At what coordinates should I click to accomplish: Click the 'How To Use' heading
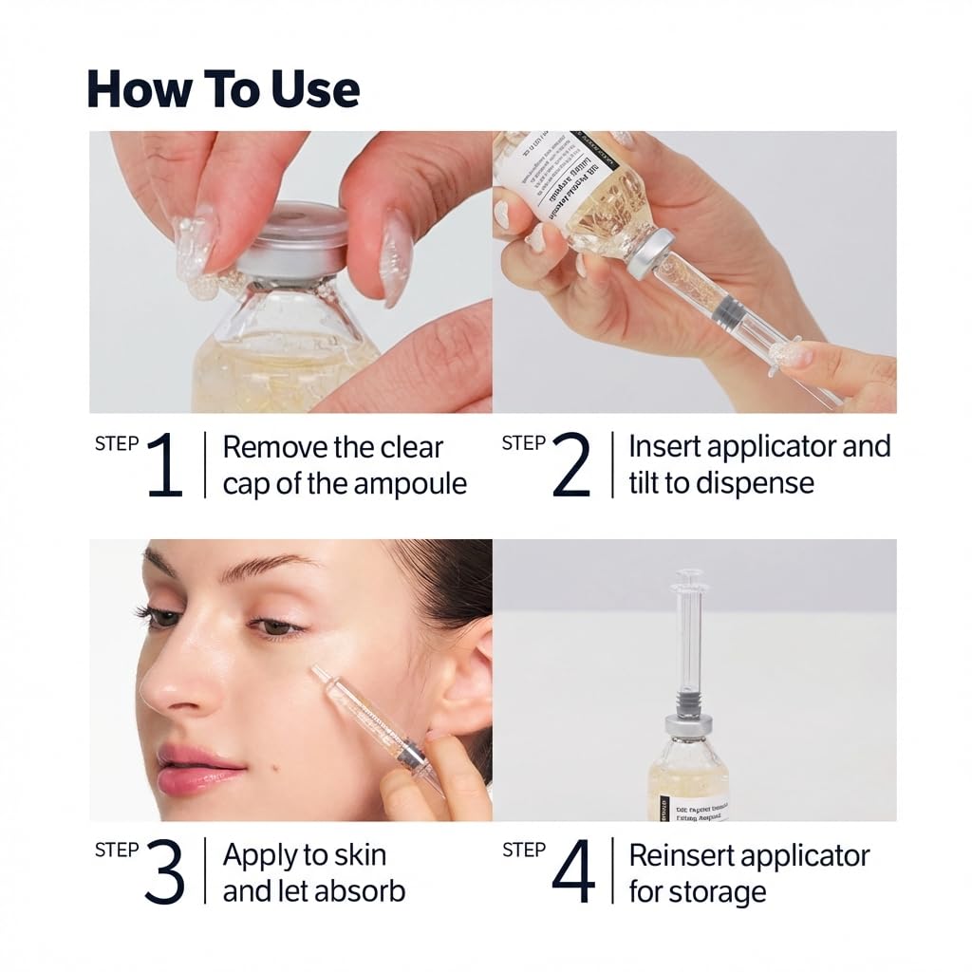223,88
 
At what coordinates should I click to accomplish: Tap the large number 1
164,465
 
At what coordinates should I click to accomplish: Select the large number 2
570,465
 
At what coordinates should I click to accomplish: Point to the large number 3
164,872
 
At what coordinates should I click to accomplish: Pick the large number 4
572,872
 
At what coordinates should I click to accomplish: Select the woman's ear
465,683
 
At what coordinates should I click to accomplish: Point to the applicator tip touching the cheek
318,673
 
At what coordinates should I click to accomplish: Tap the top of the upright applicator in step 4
689,576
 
